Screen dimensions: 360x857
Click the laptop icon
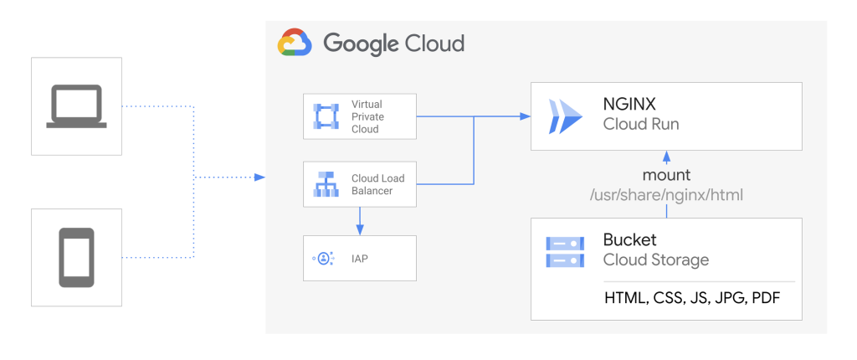tap(76, 106)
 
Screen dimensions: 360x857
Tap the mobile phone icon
tap(76, 257)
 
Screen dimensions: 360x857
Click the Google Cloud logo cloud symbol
tap(295, 43)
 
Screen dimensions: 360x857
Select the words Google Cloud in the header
tap(393, 43)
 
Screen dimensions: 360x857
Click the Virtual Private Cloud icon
tap(325, 116)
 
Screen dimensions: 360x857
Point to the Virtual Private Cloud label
tap(367, 116)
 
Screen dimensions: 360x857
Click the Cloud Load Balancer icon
tap(325, 184)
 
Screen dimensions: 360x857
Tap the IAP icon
tap(325, 258)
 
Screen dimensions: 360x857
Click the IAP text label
tap(359, 259)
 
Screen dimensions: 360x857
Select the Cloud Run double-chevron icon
tap(564, 116)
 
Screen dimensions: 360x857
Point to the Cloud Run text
tap(640, 125)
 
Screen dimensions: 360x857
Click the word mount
tap(666, 175)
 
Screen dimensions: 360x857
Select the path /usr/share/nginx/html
tap(666, 194)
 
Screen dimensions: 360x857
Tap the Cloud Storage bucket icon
tap(564, 252)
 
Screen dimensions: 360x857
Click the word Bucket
tap(629, 240)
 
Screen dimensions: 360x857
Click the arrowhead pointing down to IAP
tap(359, 230)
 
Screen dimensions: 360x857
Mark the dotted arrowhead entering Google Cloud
tap(260, 177)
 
